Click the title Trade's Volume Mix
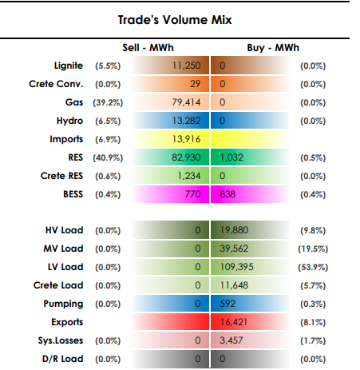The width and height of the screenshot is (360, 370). click(x=175, y=20)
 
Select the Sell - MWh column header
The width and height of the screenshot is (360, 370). click(x=148, y=48)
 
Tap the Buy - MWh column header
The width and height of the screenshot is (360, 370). click(x=273, y=48)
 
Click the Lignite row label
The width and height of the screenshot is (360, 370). click(x=69, y=66)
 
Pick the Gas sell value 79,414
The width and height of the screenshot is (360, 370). click(x=186, y=102)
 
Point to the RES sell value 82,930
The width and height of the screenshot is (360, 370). click(x=186, y=157)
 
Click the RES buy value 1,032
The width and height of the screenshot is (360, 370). click(x=231, y=157)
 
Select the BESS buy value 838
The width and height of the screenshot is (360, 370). click(x=227, y=194)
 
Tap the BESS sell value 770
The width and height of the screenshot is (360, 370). click(x=192, y=194)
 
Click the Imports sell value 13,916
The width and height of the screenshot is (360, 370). click(x=186, y=139)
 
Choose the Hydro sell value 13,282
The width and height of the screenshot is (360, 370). click(x=186, y=121)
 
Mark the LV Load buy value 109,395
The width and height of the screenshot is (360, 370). click(x=236, y=267)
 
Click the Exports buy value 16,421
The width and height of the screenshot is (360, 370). click(x=234, y=322)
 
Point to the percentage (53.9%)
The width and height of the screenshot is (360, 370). click(x=313, y=267)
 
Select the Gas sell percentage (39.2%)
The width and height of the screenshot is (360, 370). click(x=108, y=102)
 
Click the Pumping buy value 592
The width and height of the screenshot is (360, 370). click(x=227, y=304)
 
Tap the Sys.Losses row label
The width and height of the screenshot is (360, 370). click(x=61, y=340)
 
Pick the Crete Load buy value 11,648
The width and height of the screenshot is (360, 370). click(x=234, y=285)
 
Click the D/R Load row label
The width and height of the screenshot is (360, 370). click(x=62, y=359)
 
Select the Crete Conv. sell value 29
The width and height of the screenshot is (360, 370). click(x=195, y=84)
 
